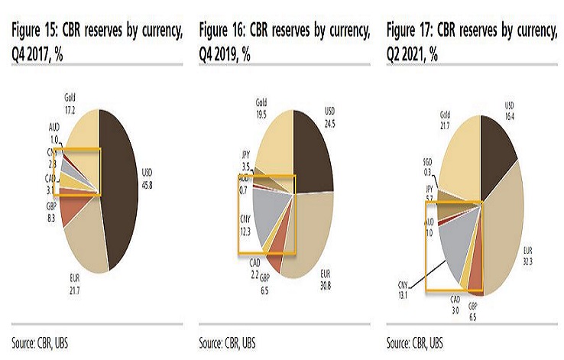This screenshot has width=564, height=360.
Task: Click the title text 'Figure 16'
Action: click(x=222, y=31)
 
